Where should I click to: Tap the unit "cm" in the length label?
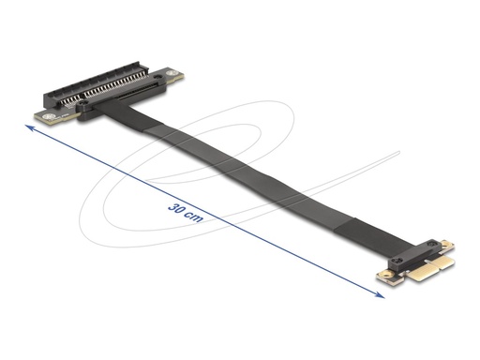tap(193, 214)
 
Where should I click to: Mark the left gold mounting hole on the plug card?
tap(382, 276)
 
